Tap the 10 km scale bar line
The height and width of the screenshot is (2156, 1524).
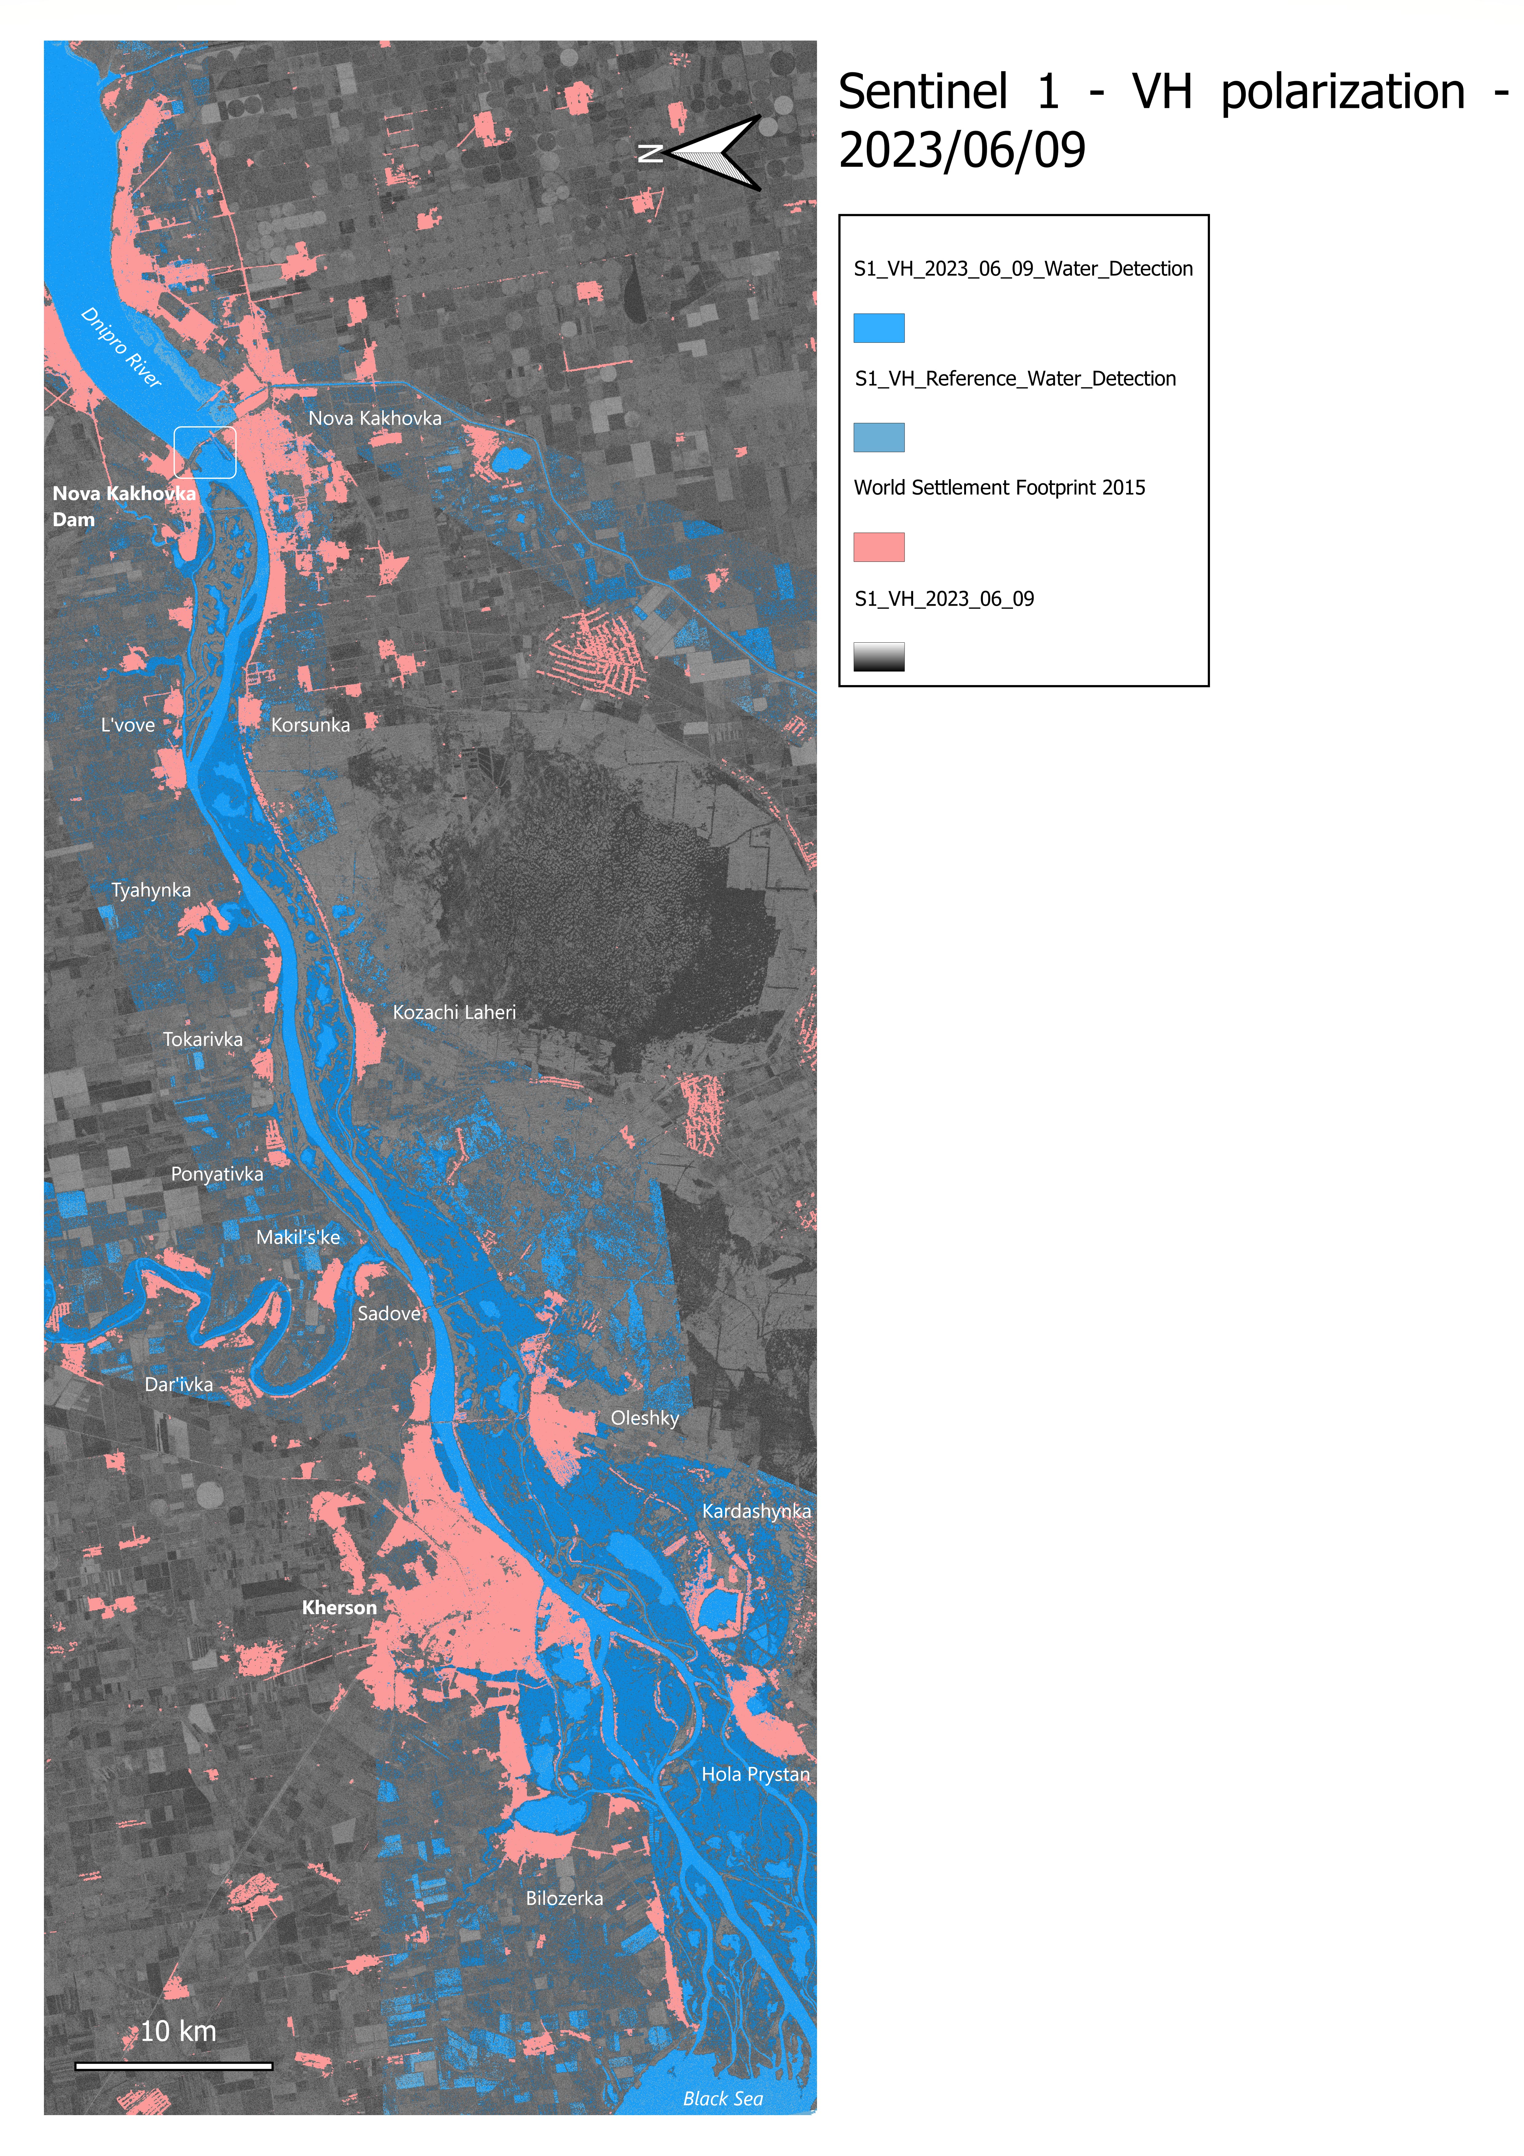174,2066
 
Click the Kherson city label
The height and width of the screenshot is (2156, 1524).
339,1608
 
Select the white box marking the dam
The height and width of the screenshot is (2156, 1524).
205,453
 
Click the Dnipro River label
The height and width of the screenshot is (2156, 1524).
122,347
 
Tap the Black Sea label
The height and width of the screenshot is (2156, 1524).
723,2099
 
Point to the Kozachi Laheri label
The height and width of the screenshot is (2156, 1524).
454,1012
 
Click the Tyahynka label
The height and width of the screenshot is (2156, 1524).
151,890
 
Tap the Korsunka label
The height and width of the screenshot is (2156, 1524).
311,725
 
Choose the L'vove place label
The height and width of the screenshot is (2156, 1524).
128,725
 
